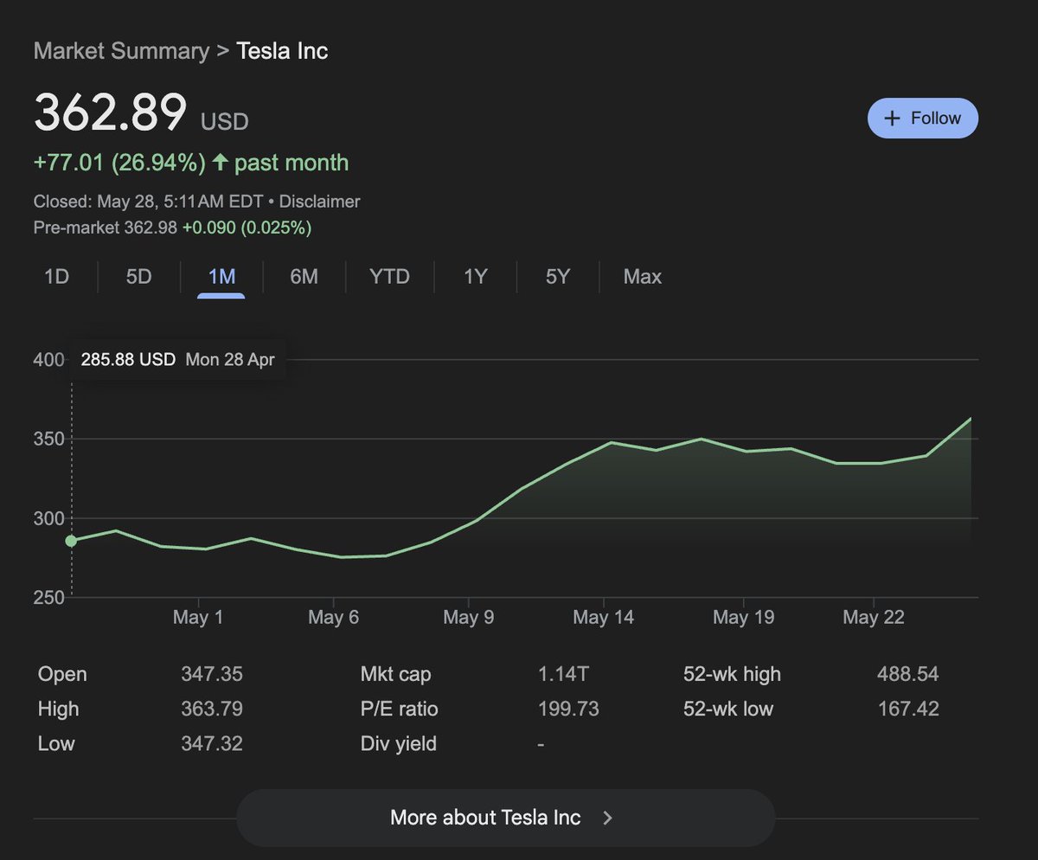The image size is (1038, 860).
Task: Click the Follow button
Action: coord(922,119)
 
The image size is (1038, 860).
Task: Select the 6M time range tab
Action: coord(304,277)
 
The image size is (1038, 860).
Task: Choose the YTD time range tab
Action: coord(389,277)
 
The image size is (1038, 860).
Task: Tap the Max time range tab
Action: coord(642,277)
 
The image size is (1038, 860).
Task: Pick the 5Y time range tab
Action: coord(558,277)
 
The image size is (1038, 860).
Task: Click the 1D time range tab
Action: coord(56,277)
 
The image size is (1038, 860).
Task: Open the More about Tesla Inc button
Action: coord(505,818)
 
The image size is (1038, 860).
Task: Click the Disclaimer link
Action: coord(320,202)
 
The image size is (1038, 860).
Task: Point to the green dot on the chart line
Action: coord(71,541)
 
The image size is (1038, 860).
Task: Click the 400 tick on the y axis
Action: coord(49,360)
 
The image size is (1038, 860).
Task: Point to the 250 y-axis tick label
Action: coord(49,598)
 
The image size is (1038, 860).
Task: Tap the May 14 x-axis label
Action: coord(603,617)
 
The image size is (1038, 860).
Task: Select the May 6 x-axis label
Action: coord(333,617)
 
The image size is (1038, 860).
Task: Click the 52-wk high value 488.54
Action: coord(907,675)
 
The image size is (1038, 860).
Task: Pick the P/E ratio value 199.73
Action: coord(568,709)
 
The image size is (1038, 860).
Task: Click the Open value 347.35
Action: coord(212,675)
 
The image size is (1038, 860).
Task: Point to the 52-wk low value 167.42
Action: coord(907,709)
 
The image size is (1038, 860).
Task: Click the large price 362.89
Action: coord(111,112)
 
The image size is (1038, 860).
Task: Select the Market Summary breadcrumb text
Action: coord(121,51)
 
